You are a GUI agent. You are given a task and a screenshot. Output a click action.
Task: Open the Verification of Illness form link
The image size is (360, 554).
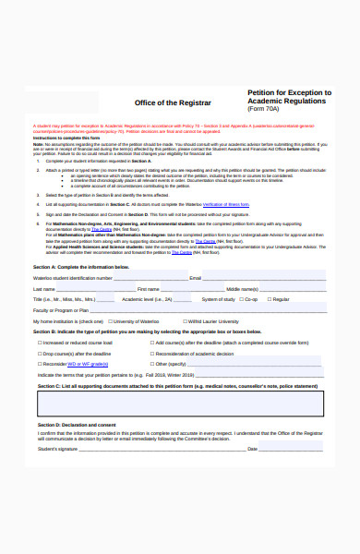point(226,202)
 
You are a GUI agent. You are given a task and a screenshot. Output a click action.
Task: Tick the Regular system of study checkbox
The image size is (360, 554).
point(269,299)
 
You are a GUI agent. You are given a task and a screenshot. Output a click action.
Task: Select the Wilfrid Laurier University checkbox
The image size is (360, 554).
point(185,320)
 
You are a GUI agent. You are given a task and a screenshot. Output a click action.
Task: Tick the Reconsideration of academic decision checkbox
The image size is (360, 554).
point(152,354)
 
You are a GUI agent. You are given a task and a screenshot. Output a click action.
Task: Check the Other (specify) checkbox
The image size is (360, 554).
point(152,365)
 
